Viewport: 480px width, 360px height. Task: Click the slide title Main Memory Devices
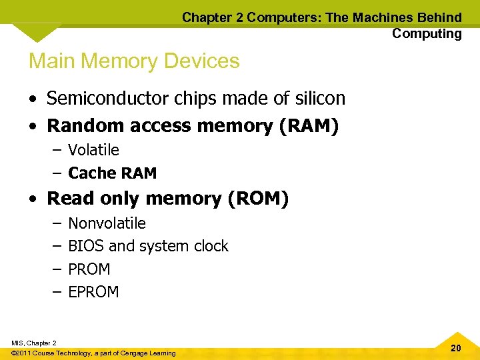(134, 61)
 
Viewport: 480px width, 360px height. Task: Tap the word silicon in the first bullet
(321, 99)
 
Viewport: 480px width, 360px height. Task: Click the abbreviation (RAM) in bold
(308, 125)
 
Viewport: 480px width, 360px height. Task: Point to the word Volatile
(93, 150)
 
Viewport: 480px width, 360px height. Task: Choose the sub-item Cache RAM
(112, 173)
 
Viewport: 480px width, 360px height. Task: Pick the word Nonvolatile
(107, 223)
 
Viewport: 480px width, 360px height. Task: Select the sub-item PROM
(89, 269)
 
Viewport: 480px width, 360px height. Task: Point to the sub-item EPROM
(93, 292)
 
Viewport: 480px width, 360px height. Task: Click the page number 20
(456, 348)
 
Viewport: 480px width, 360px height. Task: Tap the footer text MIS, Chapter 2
(34, 343)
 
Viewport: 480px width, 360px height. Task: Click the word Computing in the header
(427, 33)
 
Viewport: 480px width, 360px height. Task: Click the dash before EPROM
(56, 292)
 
